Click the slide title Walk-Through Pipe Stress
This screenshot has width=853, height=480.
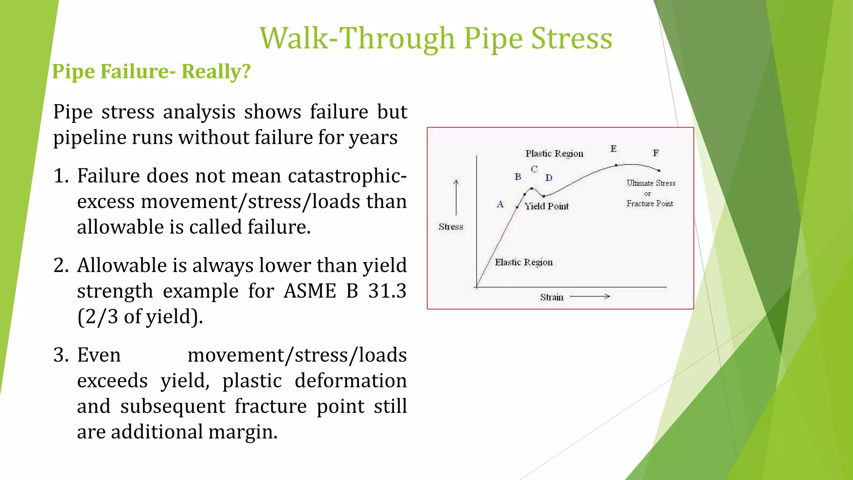[x=436, y=38]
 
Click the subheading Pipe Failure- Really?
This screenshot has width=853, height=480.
[x=151, y=71]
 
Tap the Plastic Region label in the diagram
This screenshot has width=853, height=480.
[x=554, y=153]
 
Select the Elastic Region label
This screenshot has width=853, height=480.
[x=524, y=262]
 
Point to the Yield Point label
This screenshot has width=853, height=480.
[x=546, y=206]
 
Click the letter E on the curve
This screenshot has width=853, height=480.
[x=613, y=149]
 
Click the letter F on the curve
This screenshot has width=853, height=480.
[x=656, y=153]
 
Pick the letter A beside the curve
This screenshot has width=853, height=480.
[x=500, y=204]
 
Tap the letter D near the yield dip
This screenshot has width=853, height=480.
[x=549, y=178]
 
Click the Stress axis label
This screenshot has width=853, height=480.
[x=451, y=227]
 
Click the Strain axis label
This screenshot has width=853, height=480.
[x=551, y=297]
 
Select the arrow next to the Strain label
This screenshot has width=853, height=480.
[x=589, y=296]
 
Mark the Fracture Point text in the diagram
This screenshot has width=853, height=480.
[x=649, y=203]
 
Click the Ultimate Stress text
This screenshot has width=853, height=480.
[x=651, y=183]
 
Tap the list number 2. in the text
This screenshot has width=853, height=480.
[x=61, y=265]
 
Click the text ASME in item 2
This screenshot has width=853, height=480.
[x=309, y=291]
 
